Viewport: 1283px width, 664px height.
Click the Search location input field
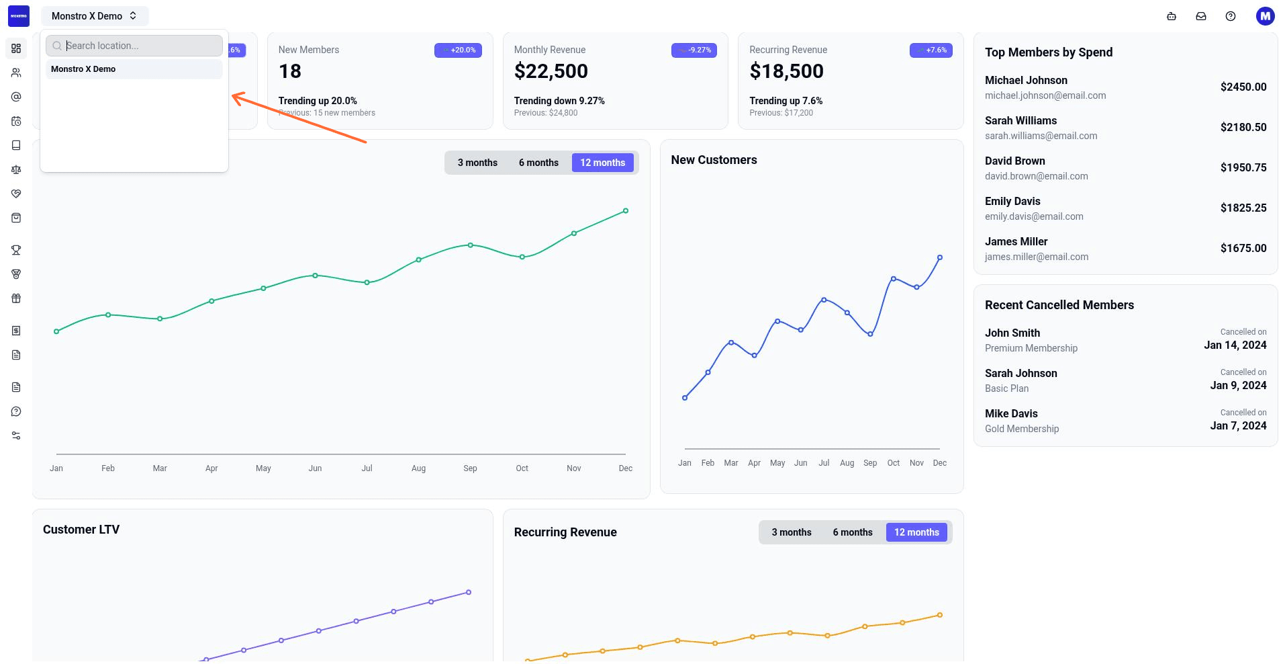click(x=134, y=46)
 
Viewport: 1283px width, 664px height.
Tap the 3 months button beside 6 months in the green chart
click(x=477, y=163)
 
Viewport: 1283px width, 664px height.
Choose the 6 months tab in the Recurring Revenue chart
click(x=853, y=532)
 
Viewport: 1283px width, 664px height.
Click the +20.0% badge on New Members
click(x=459, y=50)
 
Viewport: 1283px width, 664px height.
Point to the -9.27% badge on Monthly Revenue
click(x=694, y=50)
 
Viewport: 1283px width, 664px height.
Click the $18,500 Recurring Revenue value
click(x=786, y=71)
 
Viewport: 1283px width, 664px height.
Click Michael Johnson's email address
click(x=1045, y=95)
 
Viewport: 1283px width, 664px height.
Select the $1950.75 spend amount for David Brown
click(x=1243, y=167)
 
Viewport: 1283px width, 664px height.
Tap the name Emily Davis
click(x=1012, y=201)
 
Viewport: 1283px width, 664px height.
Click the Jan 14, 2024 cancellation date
click(x=1235, y=345)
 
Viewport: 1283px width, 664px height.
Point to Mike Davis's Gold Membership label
click(x=1022, y=429)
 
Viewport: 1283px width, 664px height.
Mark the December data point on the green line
click(x=626, y=211)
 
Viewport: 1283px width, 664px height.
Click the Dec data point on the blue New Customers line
click(x=940, y=257)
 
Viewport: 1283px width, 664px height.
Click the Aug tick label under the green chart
click(x=418, y=468)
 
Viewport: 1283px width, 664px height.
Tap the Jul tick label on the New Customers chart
click(x=824, y=463)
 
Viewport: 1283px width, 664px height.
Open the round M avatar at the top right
click(x=1265, y=16)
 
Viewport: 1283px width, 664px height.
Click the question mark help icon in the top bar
click(x=1231, y=16)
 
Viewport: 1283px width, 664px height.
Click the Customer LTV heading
click(x=81, y=530)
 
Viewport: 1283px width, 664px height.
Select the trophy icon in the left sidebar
click(x=16, y=250)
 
